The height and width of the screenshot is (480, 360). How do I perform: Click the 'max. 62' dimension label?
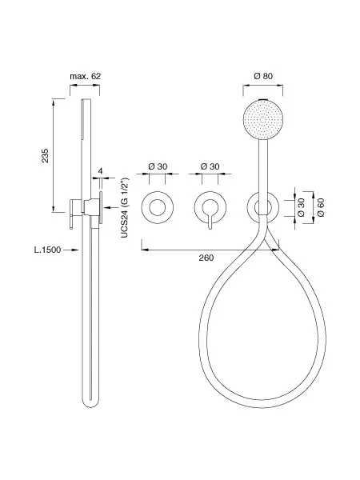pyautogui.click(x=85, y=76)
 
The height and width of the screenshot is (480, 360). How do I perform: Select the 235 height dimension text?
pyautogui.click(x=45, y=155)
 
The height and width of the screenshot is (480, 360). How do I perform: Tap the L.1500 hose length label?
pyautogui.click(x=47, y=250)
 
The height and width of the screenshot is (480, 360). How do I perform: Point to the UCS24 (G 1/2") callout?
pyautogui.click(x=125, y=207)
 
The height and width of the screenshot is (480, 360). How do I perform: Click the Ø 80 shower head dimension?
pyautogui.click(x=263, y=76)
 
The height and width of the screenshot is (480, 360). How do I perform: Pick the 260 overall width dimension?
pyautogui.click(x=206, y=258)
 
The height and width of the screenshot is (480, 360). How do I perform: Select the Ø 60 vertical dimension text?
pyautogui.click(x=321, y=207)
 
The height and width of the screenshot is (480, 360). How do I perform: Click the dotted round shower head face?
pyautogui.click(x=263, y=118)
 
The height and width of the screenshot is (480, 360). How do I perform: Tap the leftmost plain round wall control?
pyautogui.click(x=158, y=207)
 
